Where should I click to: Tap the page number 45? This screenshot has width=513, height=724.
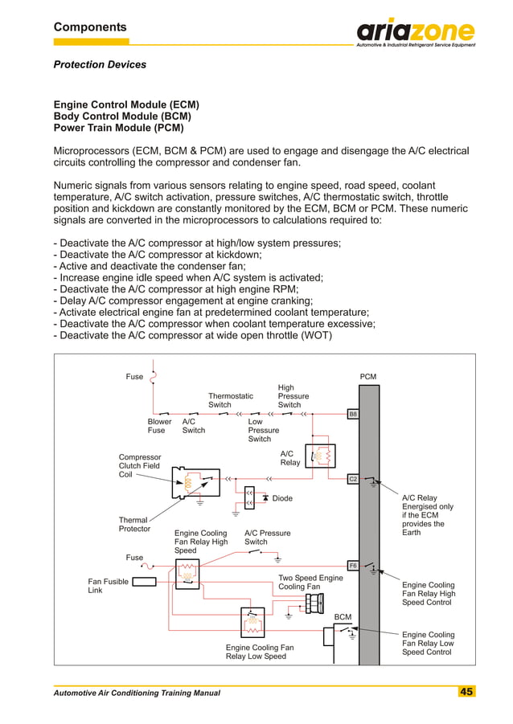point(466,692)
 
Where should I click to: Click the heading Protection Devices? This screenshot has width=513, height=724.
point(100,64)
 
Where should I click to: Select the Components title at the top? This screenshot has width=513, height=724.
point(90,27)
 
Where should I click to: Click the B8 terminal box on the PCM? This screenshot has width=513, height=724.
point(352,414)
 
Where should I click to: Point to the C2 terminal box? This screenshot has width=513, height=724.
point(352,479)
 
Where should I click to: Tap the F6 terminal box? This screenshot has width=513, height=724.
point(352,565)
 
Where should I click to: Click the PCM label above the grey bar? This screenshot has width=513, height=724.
point(367,377)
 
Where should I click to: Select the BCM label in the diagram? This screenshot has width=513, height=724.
point(343,617)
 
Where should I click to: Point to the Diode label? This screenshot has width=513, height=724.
point(282,498)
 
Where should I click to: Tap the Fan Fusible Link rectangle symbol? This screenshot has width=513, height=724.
point(144,581)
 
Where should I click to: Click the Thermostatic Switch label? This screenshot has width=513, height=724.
point(231,400)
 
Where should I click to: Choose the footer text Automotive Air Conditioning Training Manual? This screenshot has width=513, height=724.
point(137,693)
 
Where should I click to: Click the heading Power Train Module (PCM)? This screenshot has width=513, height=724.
point(118,128)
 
